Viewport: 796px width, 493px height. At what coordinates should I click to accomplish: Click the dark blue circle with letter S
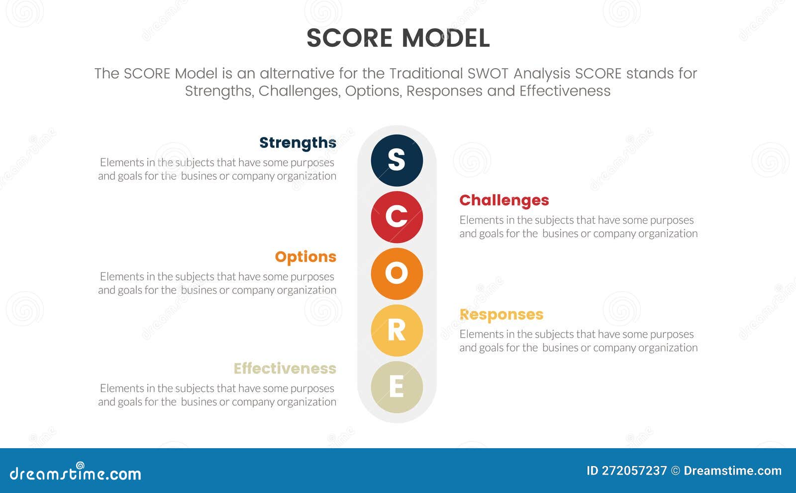tap(397, 160)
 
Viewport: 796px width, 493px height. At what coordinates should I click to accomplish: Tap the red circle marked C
tap(397, 217)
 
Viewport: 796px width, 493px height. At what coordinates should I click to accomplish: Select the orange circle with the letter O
tap(397, 273)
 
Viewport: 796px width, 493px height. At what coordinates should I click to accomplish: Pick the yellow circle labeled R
tap(397, 330)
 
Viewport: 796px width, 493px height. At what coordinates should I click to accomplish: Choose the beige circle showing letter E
tap(397, 387)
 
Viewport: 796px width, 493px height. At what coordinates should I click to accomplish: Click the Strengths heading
tap(298, 143)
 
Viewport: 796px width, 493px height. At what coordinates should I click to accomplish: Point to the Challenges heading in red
tap(504, 200)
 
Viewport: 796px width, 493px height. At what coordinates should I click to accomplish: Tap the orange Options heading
tap(305, 257)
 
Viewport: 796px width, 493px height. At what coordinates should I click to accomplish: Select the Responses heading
tap(501, 315)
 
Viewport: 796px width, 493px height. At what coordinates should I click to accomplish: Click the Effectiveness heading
tap(285, 369)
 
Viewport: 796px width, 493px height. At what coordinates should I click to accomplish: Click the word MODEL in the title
tap(446, 38)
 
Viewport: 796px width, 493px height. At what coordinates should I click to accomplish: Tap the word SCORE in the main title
tap(349, 38)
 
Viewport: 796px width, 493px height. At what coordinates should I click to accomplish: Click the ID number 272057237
tap(634, 471)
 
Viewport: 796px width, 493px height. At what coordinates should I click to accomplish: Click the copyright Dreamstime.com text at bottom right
tap(732, 471)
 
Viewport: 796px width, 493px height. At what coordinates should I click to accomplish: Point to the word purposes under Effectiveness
tap(312, 388)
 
